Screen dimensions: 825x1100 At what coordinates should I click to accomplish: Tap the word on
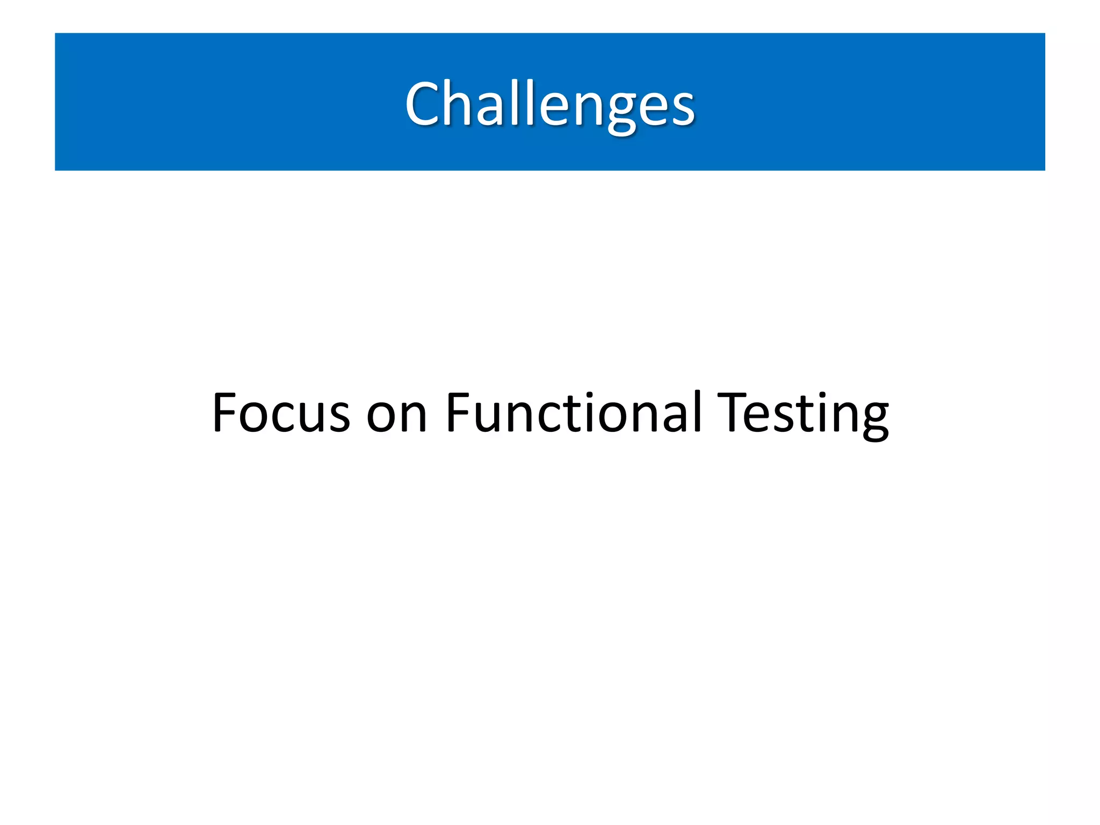pos(396,416)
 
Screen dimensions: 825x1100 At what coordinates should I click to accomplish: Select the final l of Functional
pos(697,411)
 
